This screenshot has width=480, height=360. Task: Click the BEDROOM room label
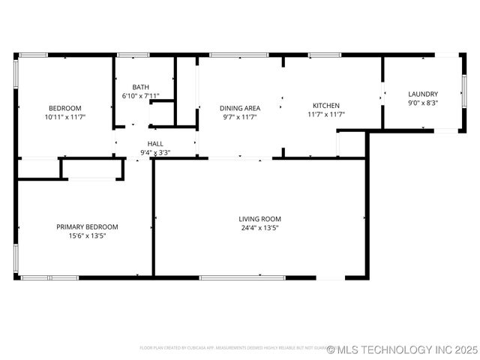(65, 108)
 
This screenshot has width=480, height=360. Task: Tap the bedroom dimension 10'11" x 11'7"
(65, 117)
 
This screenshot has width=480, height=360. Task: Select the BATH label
(140, 87)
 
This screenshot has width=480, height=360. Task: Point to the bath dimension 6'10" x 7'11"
(140, 96)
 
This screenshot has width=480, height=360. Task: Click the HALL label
(155, 144)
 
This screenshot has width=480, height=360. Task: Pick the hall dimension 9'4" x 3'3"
(155, 153)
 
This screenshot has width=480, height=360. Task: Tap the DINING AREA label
(240, 108)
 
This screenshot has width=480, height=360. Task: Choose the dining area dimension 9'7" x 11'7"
(240, 117)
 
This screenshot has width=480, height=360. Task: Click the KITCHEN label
(326, 106)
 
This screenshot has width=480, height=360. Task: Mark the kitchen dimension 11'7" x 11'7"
(326, 115)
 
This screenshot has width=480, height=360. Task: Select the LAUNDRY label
(423, 94)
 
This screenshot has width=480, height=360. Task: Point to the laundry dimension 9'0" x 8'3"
(423, 103)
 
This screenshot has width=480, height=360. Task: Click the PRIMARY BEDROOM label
(87, 226)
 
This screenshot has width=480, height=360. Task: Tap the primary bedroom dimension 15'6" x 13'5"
(87, 235)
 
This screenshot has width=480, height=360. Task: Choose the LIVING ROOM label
(260, 219)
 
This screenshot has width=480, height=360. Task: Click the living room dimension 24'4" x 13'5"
(260, 228)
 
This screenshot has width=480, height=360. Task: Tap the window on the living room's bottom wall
(241, 277)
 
